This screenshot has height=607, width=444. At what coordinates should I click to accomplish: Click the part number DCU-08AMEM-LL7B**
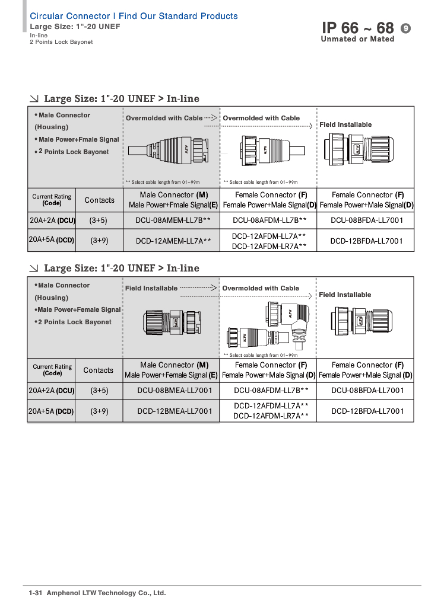[171, 220]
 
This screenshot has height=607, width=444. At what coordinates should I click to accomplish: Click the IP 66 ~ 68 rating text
[357, 28]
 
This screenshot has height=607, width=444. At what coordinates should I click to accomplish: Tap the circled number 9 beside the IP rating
[406, 28]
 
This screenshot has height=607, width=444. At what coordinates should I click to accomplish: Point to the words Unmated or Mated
[357, 40]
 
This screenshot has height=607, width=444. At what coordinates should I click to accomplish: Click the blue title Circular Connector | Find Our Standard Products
[134, 16]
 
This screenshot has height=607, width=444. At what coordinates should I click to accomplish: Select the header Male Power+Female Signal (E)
[171, 375]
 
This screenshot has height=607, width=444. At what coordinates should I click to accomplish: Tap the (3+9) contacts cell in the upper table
[99, 241]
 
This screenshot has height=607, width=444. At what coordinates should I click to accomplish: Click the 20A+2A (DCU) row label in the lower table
[52, 390]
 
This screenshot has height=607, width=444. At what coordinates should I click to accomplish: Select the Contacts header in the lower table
[99, 370]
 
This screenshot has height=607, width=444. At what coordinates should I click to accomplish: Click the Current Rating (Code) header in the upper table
[52, 200]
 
